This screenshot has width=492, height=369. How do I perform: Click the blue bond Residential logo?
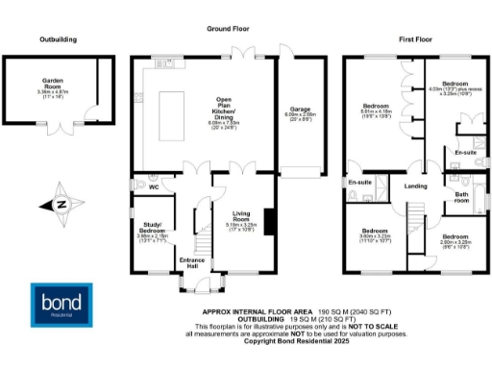click(x=62, y=299)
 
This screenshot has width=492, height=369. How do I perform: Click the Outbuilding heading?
click(x=58, y=39)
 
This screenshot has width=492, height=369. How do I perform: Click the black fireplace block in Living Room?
click(x=270, y=222)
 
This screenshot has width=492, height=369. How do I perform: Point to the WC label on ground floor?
click(x=153, y=188)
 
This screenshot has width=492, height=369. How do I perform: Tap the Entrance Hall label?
click(x=189, y=260)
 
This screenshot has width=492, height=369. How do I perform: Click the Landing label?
click(x=416, y=185)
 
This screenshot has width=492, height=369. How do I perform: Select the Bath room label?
click(x=461, y=197)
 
